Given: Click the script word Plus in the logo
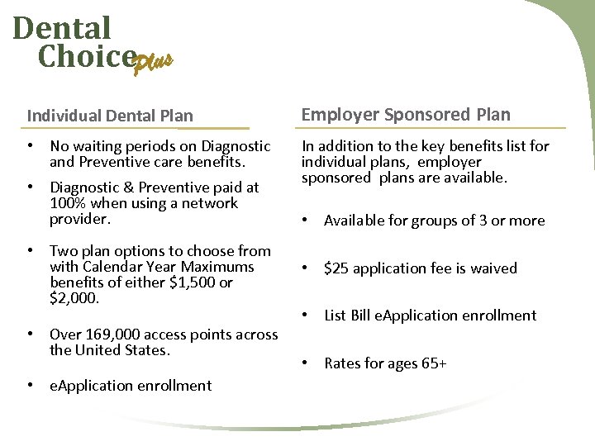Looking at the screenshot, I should coord(155,62).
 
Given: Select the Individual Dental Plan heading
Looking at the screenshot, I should coord(110,116).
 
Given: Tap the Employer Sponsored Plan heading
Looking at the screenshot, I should coord(406,115).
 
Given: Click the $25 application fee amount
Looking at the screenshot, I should coord(336,268).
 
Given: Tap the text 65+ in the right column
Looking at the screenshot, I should coord(431,363).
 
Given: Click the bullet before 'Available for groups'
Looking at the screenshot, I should coord(307,221).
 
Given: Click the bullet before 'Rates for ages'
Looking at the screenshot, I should coord(307,363).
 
